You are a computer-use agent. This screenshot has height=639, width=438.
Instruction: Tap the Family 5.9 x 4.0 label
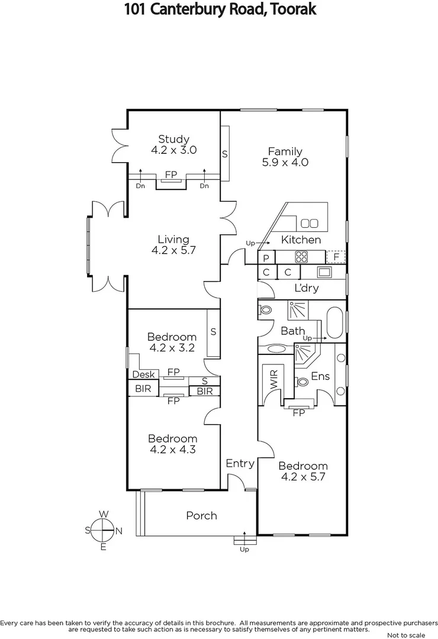(285, 157)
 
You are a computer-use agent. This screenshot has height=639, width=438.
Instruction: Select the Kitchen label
(301, 240)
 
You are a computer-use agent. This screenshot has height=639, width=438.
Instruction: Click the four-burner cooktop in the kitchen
(301, 257)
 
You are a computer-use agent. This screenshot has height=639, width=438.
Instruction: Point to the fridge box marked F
(336, 257)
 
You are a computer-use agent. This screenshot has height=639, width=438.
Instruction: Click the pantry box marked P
(266, 257)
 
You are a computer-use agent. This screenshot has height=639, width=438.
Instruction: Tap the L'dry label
(307, 288)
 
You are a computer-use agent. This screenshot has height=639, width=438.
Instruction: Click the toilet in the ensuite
(302, 382)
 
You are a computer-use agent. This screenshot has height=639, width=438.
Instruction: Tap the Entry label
(240, 463)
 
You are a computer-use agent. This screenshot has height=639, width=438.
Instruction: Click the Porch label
(201, 515)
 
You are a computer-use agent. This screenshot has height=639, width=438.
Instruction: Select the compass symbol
(104, 530)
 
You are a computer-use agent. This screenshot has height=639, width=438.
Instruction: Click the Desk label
(143, 375)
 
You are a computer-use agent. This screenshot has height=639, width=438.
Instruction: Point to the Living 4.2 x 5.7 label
(173, 244)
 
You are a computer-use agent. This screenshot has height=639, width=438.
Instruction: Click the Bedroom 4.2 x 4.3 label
(172, 444)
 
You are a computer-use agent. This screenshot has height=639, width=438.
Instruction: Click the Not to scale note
(405, 635)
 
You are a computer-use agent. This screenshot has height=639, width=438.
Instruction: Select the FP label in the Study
(171, 175)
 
